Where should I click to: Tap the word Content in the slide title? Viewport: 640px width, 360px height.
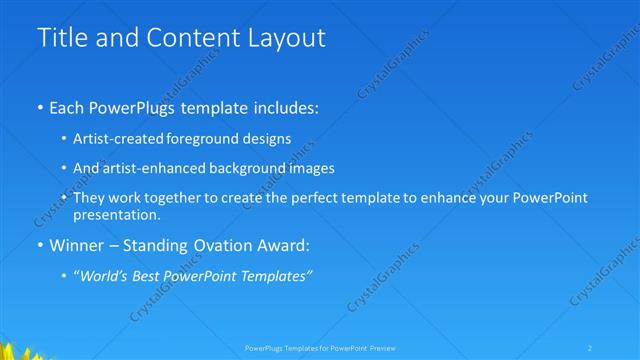tap(188, 38)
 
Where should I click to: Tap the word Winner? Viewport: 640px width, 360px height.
tap(77, 245)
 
